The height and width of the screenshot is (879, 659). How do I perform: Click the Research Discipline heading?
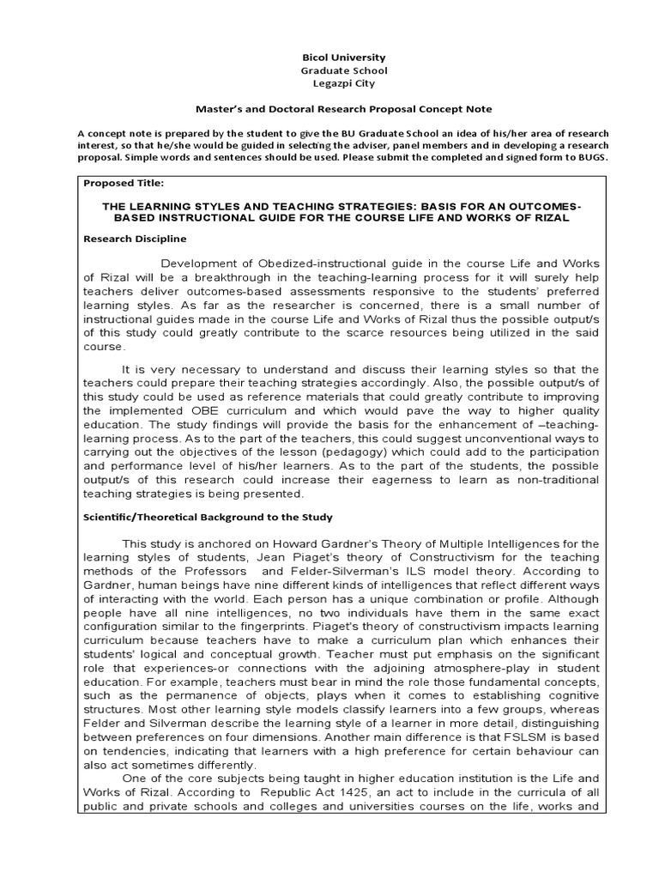(135, 238)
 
